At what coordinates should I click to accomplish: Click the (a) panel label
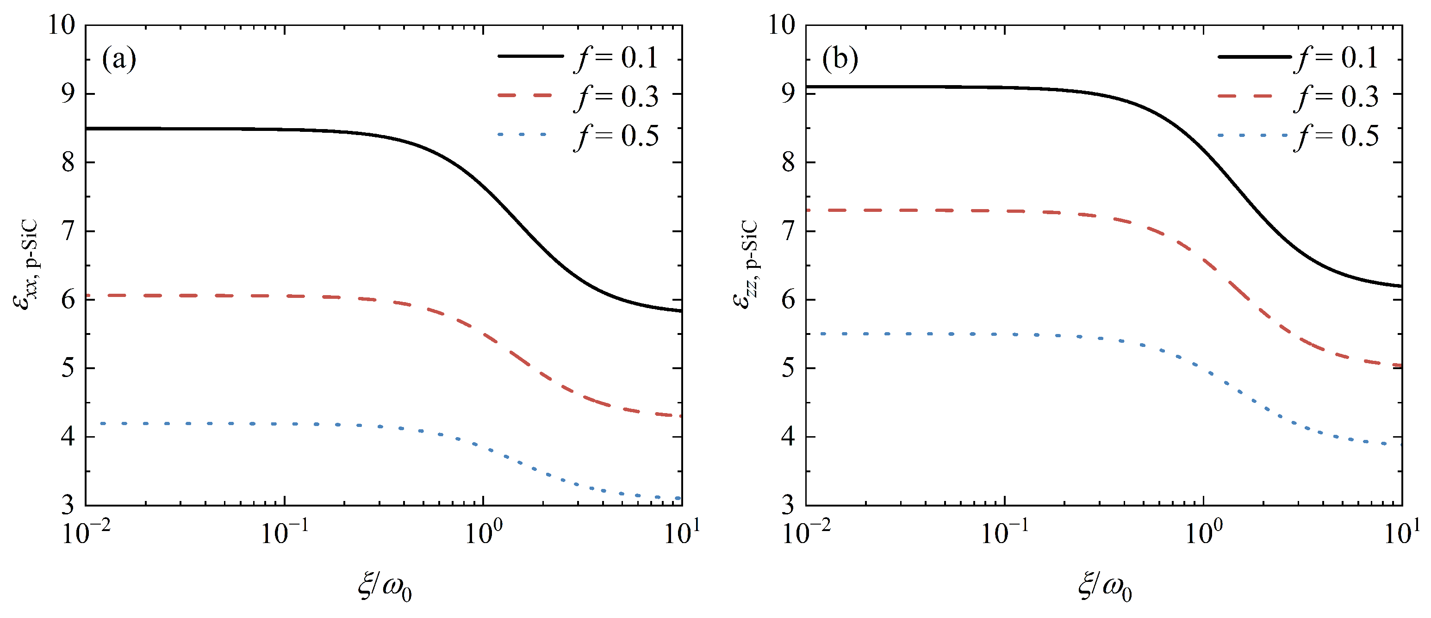point(119,59)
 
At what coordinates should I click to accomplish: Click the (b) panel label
point(840,59)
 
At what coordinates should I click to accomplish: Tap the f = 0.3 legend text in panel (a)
point(616,97)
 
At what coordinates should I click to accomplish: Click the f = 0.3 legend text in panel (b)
point(1336,97)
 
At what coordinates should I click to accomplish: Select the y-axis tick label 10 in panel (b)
point(782,25)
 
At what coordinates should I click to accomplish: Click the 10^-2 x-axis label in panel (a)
point(86,533)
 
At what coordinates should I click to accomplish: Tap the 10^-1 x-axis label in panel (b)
point(1004,533)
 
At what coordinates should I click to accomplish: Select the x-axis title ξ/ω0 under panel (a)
point(385,587)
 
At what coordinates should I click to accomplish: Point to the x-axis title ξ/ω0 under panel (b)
point(1105,587)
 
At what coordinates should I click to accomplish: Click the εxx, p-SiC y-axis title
point(26,265)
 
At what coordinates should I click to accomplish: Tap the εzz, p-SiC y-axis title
point(746,265)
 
